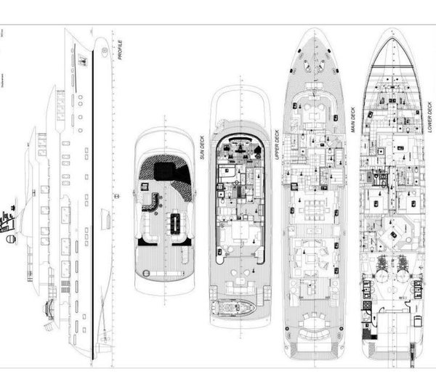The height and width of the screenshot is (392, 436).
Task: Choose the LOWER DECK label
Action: pyautogui.click(x=430, y=115)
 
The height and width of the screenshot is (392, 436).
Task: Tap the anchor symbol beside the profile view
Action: pyautogui.click(x=116, y=197)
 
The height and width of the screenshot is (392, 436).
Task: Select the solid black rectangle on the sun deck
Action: pyautogui.click(x=163, y=171)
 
